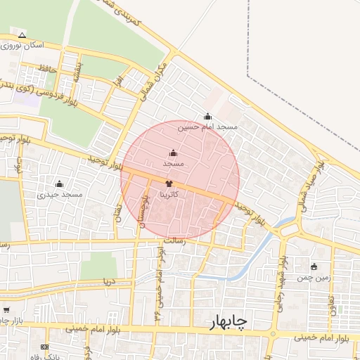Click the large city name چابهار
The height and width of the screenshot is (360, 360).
point(228,321)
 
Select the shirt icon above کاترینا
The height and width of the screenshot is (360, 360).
point(167,183)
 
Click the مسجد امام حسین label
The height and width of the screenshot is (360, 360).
point(207,127)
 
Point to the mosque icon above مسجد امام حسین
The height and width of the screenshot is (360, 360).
point(207,117)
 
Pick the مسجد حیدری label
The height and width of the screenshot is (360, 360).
point(60,194)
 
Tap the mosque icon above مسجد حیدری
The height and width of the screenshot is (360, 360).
point(58,184)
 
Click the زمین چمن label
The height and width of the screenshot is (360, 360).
point(313,278)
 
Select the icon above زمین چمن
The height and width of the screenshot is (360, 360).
point(314,267)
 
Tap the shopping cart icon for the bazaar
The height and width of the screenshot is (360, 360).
point(6,310)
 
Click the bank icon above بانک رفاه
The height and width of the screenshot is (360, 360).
point(45,347)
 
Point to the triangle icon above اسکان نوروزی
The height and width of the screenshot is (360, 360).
point(22,35)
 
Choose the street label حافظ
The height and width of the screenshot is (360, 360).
point(46,68)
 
